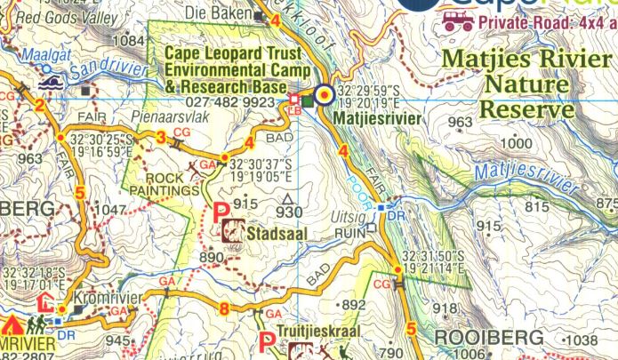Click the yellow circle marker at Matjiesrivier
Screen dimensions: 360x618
325,94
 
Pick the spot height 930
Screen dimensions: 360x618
288,212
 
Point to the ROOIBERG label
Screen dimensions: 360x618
487,338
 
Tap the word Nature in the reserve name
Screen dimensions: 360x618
523,85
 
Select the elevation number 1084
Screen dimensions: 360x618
130,40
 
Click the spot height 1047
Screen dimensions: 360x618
110,210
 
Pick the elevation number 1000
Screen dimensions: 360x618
514,143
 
